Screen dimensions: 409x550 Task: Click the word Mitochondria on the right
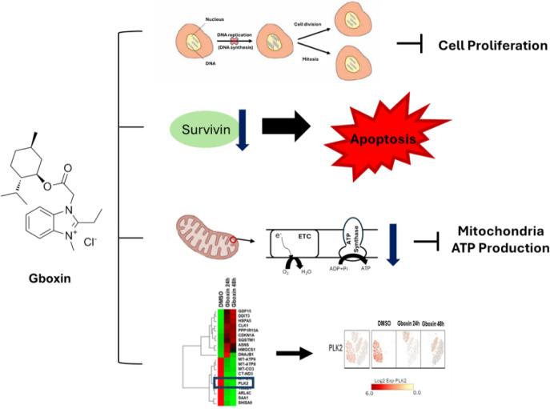pos(501,231)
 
